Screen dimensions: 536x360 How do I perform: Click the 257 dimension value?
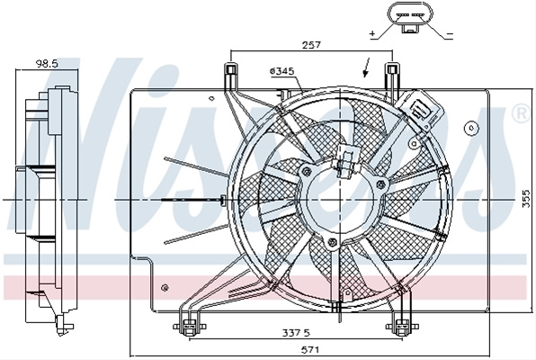pos(311,45)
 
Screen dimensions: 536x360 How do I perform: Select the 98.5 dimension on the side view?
pos(47,64)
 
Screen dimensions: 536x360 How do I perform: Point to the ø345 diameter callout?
pos(282,71)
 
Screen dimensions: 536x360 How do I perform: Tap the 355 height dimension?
pos(527,199)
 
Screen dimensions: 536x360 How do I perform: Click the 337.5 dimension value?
pos(296,332)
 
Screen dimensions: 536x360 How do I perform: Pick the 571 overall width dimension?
pos(310,350)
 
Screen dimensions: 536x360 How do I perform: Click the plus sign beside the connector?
pos(372,33)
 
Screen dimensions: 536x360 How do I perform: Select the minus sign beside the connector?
pos(450,34)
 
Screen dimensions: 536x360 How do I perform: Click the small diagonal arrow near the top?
pos(366,67)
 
